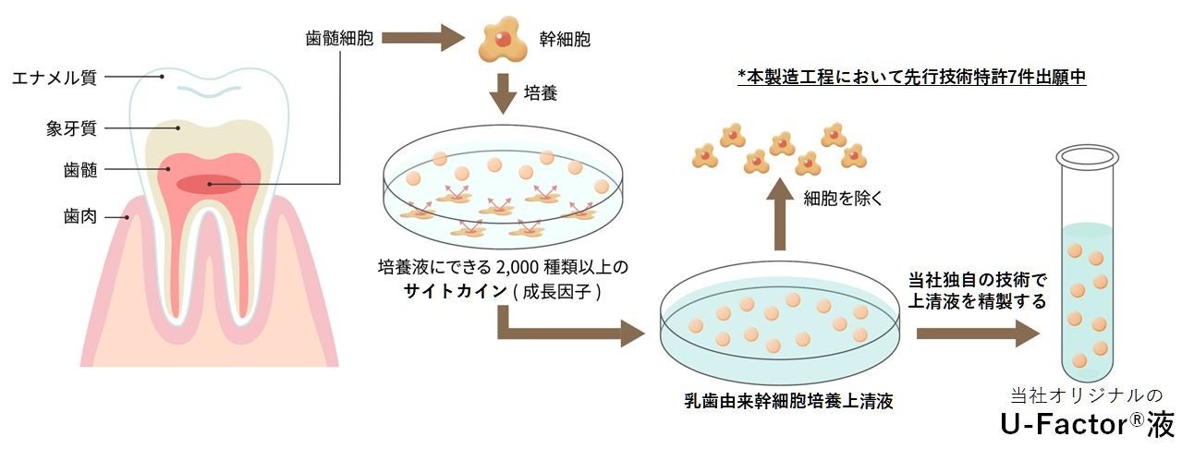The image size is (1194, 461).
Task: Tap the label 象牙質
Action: point(69,127)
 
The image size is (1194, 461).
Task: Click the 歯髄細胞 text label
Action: point(338,40)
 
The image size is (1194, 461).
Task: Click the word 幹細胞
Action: point(565,40)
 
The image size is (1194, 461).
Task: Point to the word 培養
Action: point(543,94)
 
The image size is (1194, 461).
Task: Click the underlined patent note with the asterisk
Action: point(911,78)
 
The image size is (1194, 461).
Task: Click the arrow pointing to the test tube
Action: point(976,334)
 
